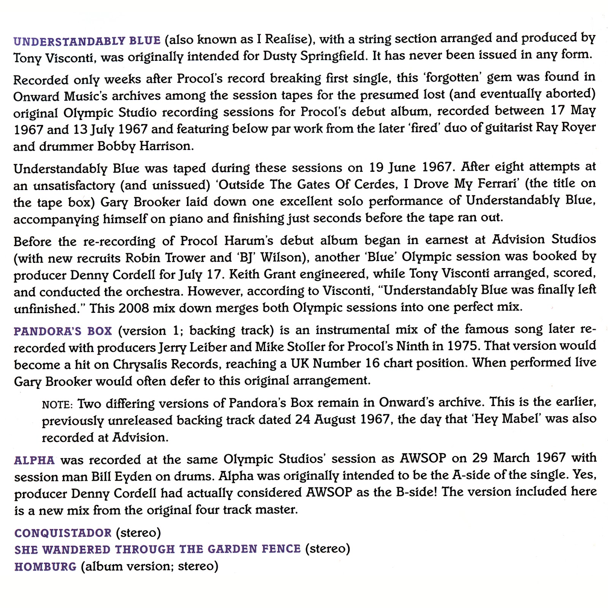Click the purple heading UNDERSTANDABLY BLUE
(87, 41)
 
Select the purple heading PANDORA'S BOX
(63, 331)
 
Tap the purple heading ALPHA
(34, 460)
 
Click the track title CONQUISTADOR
(63, 533)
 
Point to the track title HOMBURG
(46, 567)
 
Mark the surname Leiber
(211, 347)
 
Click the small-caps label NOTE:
(57, 405)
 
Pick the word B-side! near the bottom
(416, 492)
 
